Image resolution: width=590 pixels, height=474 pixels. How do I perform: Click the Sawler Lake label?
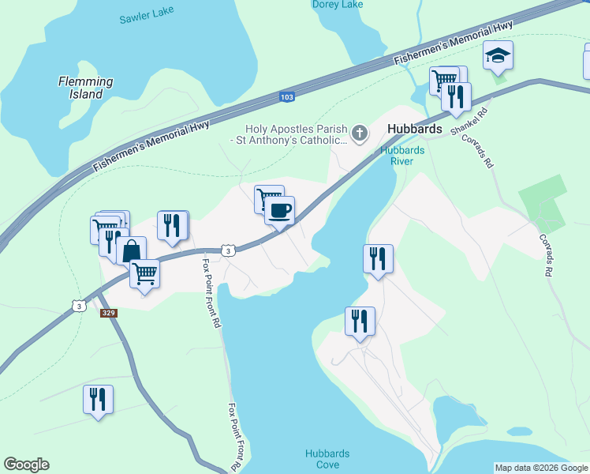146,18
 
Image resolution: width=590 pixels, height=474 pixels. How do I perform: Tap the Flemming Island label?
86,88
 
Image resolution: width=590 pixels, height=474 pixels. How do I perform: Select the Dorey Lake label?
338,5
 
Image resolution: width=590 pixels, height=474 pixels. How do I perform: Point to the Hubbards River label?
402,155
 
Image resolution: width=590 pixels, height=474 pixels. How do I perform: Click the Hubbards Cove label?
327,459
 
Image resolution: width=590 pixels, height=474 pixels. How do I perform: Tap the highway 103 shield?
287,97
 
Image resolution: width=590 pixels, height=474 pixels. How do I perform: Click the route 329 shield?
110,313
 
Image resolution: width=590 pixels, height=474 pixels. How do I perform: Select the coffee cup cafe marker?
279,211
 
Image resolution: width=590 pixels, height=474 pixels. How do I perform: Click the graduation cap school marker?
499,55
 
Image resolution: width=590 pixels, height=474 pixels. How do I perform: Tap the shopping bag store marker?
131,251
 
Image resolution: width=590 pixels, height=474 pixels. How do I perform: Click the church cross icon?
360,133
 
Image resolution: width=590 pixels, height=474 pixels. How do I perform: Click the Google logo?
26,465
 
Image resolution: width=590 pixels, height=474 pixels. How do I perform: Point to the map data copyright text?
541,468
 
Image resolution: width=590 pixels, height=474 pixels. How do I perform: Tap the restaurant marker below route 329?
99,399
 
